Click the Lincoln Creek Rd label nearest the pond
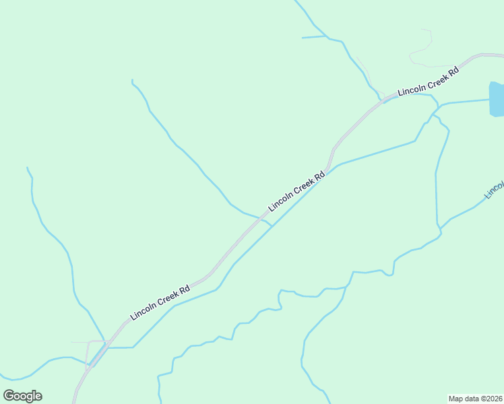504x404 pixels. (428, 81)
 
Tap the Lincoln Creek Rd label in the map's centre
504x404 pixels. (296, 191)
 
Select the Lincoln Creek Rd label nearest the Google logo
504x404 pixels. (160, 302)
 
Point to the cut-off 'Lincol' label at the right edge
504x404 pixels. (494, 191)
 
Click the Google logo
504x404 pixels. (22, 396)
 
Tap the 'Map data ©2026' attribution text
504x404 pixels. (475, 399)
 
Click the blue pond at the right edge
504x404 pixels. (496, 99)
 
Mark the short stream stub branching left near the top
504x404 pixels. (314, 36)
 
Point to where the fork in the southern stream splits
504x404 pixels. (346, 288)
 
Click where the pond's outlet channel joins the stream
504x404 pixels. (441, 105)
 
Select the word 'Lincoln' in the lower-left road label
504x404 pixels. (144, 310)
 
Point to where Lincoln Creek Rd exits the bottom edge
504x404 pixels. (74, 401)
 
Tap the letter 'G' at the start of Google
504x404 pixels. (9, 396)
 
